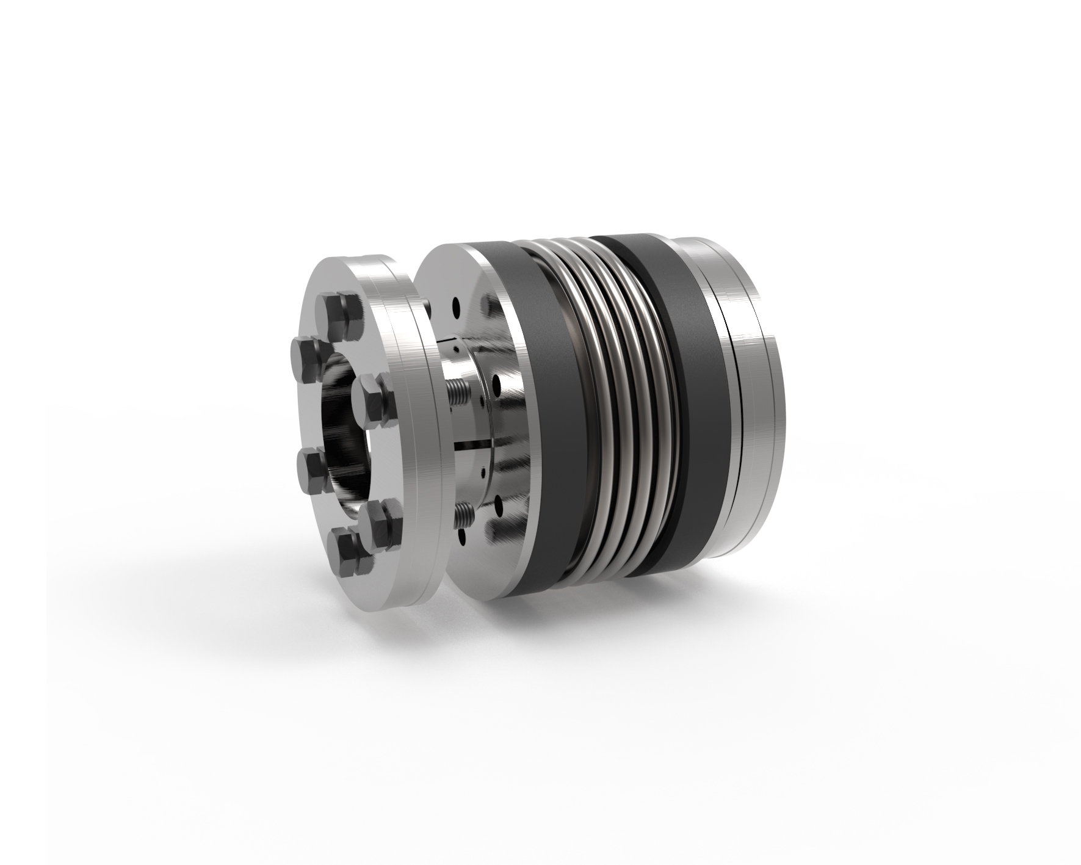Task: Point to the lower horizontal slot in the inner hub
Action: [x=473, y=439]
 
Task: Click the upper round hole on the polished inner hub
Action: [x=498, y=385]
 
